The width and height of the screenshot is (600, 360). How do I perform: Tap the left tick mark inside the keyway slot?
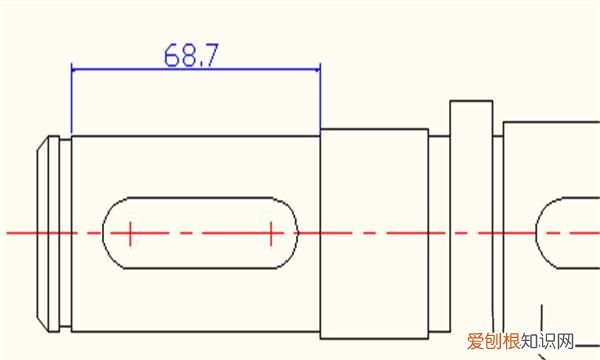click(x=130, y=233)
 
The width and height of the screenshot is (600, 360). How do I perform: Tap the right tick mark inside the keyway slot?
click(x=271, y=233)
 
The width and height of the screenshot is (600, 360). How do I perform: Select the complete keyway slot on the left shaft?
click(x=200, y=233)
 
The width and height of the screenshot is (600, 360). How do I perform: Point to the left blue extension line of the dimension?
click(x=72, y=100)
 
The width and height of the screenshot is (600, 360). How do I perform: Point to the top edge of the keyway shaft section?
click(x=195, y=135)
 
